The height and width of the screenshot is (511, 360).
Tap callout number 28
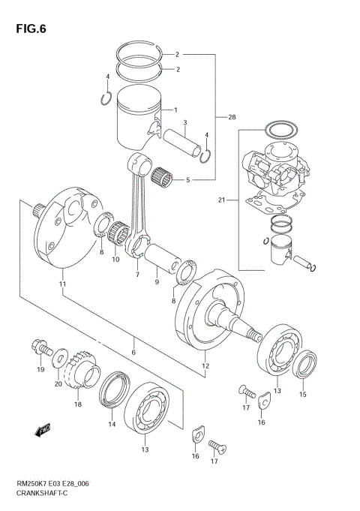click(x=231, y=117)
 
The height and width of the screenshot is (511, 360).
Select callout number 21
click(x=220, y=200)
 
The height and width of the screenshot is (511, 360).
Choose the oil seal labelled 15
click(x=303, y=370)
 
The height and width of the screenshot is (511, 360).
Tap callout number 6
click(x=133, y=353)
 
